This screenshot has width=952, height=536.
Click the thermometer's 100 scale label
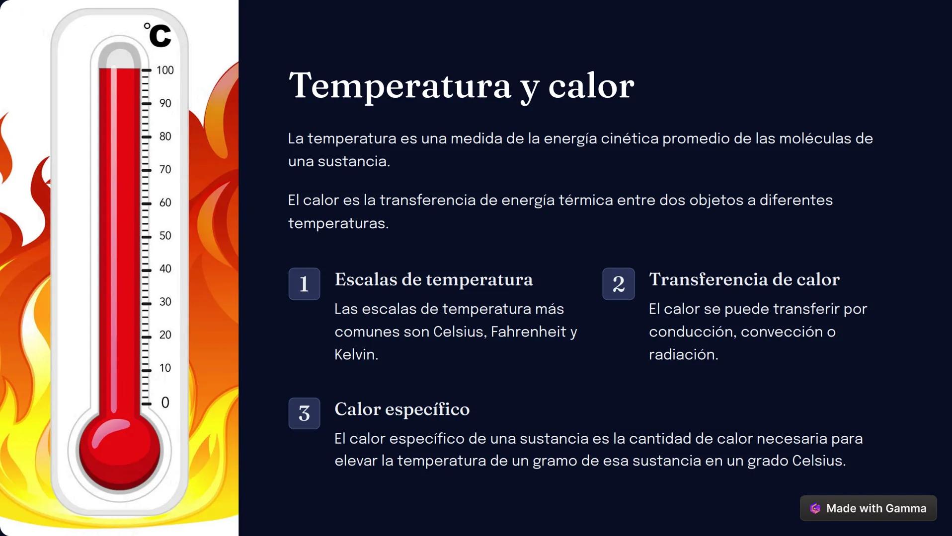tap(165, 70)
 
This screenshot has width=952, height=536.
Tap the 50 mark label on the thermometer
tap(165, 236)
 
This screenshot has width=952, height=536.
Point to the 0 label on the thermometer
tap(165, 402)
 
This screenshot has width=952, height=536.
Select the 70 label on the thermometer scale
tap(165, 170)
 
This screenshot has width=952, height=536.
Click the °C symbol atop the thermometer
tap(158, 35)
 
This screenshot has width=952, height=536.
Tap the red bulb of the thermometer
tap(120, 451)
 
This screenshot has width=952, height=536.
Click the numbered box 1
tap(304, 284)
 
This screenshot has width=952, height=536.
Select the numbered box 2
tap(618, 284)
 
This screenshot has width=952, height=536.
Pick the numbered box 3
tap(304, 413)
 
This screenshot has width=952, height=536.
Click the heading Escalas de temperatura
tap(433, 279)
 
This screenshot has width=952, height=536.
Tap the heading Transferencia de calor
tap(744, 279)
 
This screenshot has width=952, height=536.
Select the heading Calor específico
tap(401, 409)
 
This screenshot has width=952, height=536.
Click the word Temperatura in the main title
tap(400, 86)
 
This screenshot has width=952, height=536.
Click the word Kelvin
tap(356, 354)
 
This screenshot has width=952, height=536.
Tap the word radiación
tap(683, 354)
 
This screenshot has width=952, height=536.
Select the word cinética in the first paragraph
tap(629, 138)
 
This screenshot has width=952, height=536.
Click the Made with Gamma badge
tap(868, 508)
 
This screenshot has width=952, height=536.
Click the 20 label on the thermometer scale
tap(165, 335)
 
